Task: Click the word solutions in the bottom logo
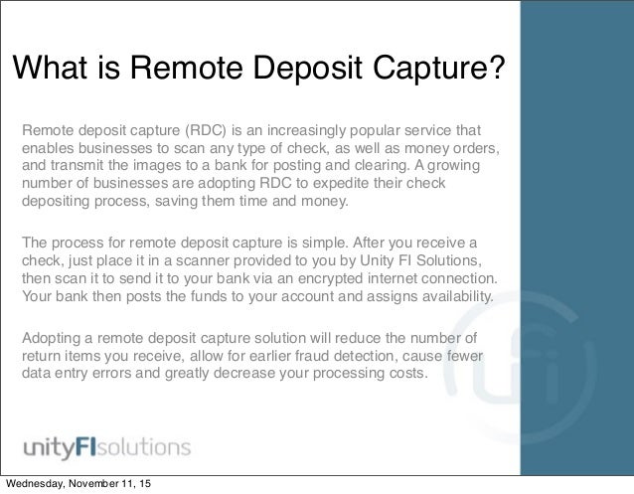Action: click(x=148, y=439)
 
